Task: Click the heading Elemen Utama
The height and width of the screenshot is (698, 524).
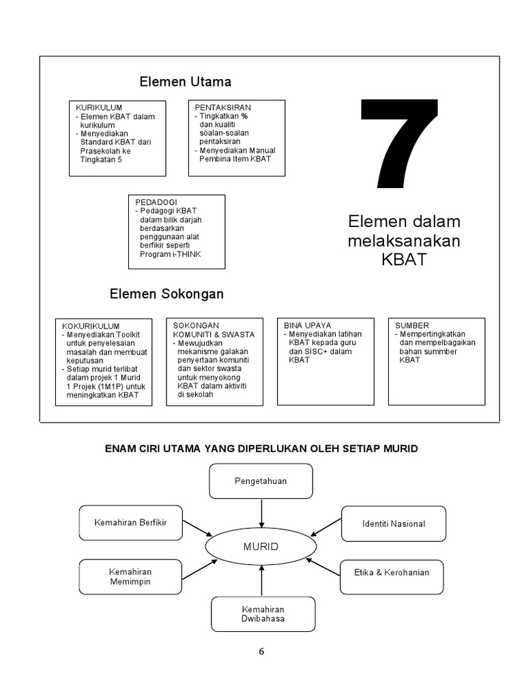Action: pyautogui.click(x=185, y=82)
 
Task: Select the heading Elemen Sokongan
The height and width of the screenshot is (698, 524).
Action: pyautogui.click(x=166, y=294)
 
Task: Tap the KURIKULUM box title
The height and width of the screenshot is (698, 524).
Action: pyautogui.click(x=98, y=108)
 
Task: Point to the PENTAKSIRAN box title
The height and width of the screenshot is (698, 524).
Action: pyautogui.click(x=222, y=108)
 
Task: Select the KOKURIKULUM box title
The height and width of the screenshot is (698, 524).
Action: pyautogui.click(x=91, y=326)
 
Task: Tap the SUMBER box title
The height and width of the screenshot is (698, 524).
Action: pyautogui.click(x=412, y=326)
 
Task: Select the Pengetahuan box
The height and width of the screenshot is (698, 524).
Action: pyautogui.click(x=261, y=481)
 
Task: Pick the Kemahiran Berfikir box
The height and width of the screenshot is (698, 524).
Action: pyautogui.click(x=130, y=523)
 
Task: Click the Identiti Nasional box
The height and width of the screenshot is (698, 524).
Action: pyautogui.click(x=393, y=523)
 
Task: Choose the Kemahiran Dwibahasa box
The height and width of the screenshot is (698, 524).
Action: pyautogui.click(x=263, y=613)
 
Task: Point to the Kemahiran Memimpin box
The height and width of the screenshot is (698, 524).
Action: pyautogui.click(x=130, y=576)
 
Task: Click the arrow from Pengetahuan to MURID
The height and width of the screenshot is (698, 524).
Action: pyautogui.click(x=261, y=513)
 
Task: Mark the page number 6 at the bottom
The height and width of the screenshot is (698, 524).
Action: pyautogui.click(x=261, y=651)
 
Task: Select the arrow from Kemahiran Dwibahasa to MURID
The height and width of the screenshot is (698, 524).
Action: pyautogui.click(x=262, y=581)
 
